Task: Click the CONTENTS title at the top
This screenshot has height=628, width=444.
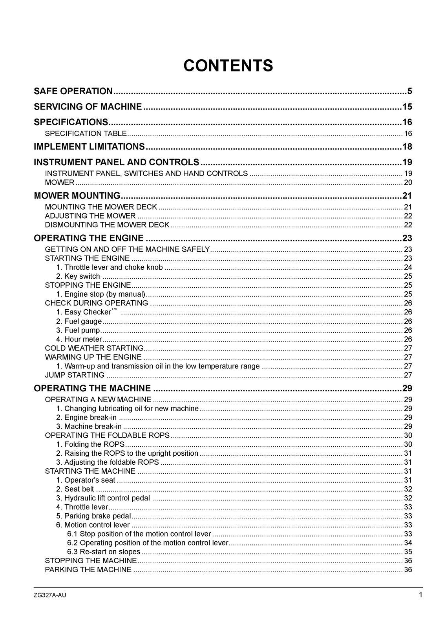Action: tap(228, 66)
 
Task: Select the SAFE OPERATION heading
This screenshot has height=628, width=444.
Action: tap(73, 91)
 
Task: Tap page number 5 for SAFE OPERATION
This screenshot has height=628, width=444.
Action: tap(409, 91)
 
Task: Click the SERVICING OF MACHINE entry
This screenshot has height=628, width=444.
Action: tap(88, 107)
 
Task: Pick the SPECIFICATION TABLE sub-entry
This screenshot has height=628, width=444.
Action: tap(86, 133)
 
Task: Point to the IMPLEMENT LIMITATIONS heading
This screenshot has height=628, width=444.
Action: tap(90, 147)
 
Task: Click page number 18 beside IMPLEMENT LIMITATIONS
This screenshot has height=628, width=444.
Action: tap(407, 147)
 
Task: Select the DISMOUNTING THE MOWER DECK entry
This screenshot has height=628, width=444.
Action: tap(107, 225)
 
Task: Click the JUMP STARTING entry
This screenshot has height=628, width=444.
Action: tap(69, 375)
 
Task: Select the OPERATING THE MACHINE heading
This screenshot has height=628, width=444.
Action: tap(92, 389)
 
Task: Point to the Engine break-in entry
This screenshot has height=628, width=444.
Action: tap(86, 418)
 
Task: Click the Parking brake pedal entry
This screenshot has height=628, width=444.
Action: tap(94, 516)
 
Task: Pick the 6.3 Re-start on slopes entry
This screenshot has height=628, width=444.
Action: tap(104, 552)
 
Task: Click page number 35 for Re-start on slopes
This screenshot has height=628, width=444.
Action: tap(408, 552)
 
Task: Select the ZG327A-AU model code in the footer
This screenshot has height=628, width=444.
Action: tap(50, 595)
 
